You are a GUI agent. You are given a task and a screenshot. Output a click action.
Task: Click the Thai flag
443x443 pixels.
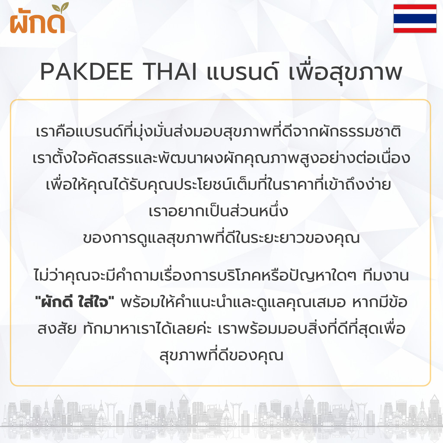[x=415, y=19]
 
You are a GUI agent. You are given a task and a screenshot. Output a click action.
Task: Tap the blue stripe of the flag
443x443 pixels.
[x=415, y=19]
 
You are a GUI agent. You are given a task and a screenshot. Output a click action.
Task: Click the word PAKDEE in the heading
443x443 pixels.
[x=87, y=72]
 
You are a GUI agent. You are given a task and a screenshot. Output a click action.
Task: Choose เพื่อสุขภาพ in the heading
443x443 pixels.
[x=345, y=72]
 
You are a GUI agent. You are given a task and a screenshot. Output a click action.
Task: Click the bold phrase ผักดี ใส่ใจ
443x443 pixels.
[x=74, y=302]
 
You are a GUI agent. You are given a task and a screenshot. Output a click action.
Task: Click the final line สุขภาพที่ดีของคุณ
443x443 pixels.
[x=221, y=355]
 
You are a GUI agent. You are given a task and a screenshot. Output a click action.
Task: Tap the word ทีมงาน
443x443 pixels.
[x=385, y=276]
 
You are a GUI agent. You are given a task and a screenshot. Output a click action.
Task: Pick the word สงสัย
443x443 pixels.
[x=57, y=328]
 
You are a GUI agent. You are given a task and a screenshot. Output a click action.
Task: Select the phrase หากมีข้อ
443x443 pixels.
[x=380, y=301]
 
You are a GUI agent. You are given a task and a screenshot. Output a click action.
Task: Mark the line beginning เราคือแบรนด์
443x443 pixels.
[x=218, y=132]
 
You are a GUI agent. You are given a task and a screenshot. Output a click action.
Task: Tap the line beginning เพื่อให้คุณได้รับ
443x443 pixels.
[x=218, y=184]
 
